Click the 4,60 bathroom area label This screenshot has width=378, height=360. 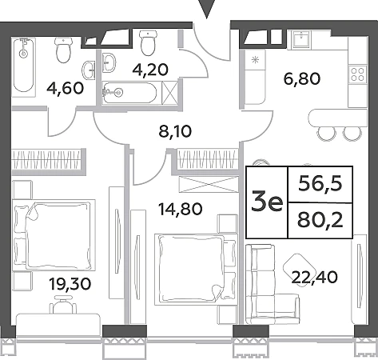coord(65,88)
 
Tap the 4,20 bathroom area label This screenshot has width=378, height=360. coord(150,70)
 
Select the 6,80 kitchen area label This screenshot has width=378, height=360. coord(302,79)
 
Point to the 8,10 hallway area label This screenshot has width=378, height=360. coord(175,131)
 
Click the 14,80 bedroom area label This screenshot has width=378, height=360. coord(181,209)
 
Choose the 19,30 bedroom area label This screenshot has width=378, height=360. coord(70,284)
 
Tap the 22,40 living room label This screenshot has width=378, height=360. coord(315,277)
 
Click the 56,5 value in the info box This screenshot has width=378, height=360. coord(320,184)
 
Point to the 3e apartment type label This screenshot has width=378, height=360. coord(267,202)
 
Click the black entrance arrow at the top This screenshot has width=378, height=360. coord(207,9)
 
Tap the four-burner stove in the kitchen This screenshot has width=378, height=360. coord(357,74)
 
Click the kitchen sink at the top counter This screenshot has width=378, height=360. coord(301,39)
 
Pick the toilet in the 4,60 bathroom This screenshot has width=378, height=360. coord(64,50)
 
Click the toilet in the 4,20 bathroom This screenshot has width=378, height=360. coord(148,42)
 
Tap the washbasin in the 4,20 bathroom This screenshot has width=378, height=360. coord(109,62)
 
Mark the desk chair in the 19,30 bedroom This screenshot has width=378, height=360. coord(63,304)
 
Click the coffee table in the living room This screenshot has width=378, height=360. coord(296,270)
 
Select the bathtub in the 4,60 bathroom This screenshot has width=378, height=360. coord(24,67)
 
